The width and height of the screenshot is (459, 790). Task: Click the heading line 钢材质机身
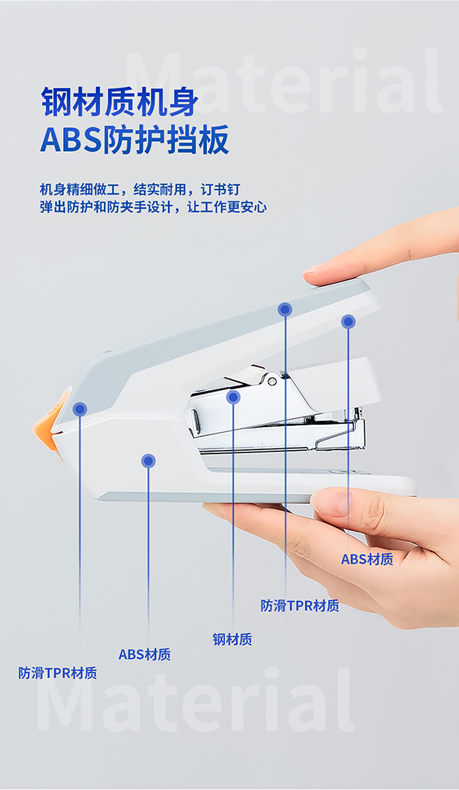tap(120, 102)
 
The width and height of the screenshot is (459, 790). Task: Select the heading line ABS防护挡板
tap(135, 139)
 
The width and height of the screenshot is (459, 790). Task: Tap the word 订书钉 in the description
tap(221, 190)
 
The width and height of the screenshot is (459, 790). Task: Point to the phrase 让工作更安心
tap(227, 207)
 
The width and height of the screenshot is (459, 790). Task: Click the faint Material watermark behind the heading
tap(283, 82)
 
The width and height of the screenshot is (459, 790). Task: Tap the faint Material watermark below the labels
tap(196, 699)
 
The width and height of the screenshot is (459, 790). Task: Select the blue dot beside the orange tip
tap(80, 409)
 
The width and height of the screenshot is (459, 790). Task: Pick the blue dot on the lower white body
tap(148, 460)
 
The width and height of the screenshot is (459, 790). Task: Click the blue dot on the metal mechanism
tap(233, 397)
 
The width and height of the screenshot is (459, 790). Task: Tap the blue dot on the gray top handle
tap(285, 309)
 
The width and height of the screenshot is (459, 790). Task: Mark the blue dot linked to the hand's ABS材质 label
tap(348, 321)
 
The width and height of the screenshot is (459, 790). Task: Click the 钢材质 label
tap(233, 639)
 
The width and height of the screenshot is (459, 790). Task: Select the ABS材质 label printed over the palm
tap(367, 559)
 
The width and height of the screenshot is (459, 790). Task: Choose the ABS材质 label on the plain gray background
tap(145, 654)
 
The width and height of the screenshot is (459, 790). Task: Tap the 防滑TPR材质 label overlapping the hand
tap(300, 605)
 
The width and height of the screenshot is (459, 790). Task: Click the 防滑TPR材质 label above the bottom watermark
tap(58, 673)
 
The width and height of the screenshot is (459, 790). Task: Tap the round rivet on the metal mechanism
tap(272, 380)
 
